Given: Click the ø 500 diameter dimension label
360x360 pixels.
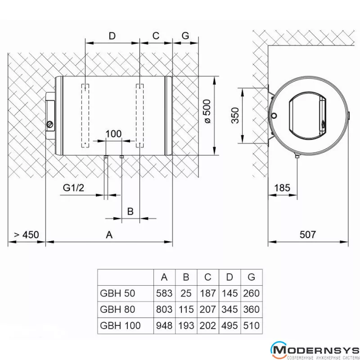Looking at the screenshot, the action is [207, 111].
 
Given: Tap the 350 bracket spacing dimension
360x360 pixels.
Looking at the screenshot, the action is [235, 115].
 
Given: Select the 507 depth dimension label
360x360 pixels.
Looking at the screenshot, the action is [308, 234].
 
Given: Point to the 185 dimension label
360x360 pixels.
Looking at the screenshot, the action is [282, 188].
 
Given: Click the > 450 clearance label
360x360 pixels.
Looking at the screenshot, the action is [27, 234].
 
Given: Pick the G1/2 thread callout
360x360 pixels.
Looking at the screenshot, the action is [73, 188].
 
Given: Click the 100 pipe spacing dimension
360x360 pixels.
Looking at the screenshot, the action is [113, 134].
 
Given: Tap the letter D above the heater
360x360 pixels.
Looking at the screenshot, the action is [112, 36].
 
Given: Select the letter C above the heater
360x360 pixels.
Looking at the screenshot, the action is [156, 36].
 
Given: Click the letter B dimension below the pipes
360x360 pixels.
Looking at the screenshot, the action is [130, 211].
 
